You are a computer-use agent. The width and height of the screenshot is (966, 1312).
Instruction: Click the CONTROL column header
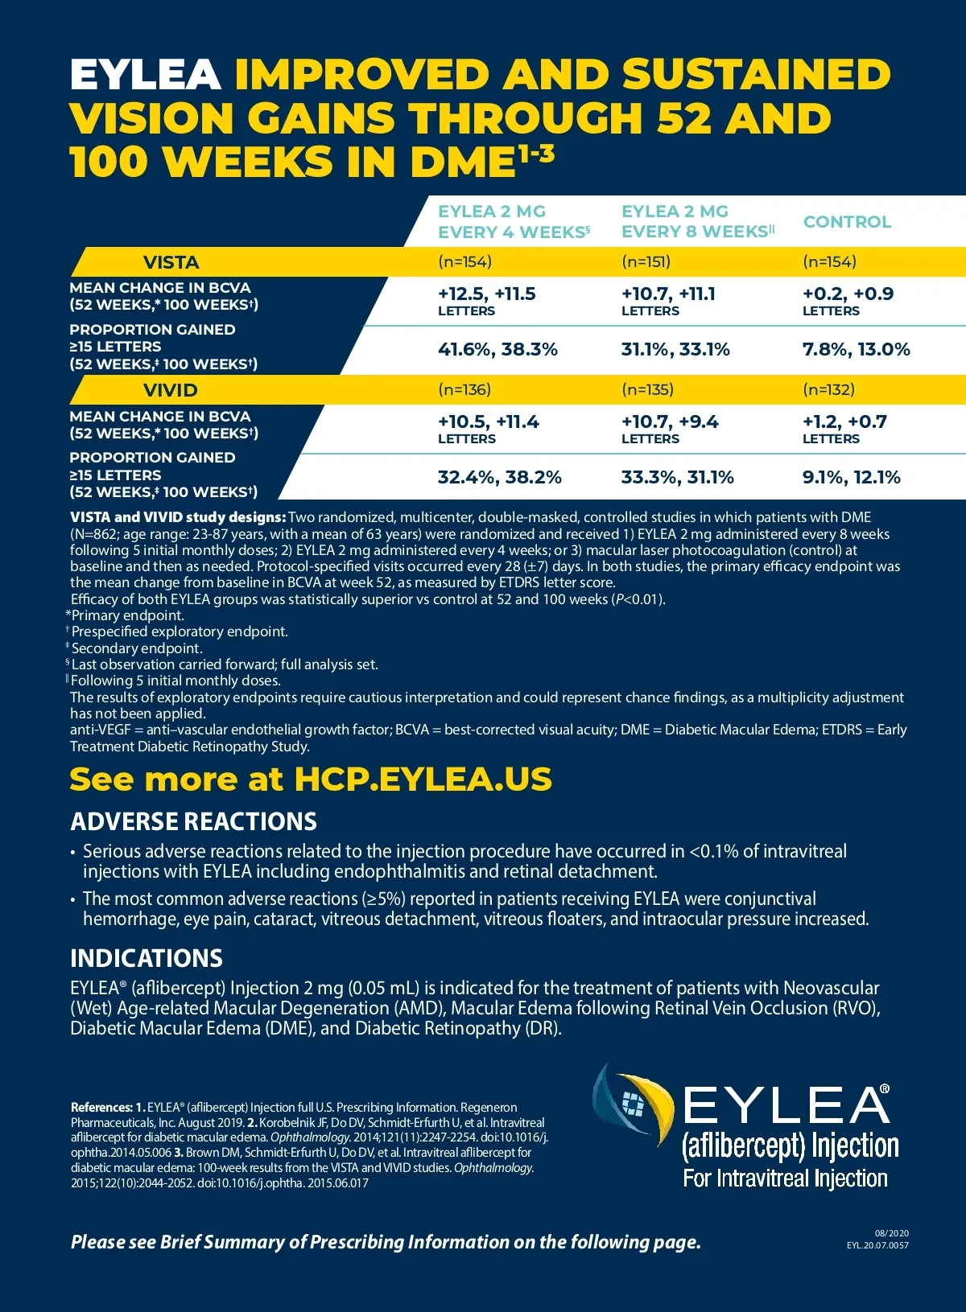click(847, 222)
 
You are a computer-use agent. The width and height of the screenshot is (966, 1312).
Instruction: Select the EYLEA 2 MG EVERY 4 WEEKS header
click(514, 222)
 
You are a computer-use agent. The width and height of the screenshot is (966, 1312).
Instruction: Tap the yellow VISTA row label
click(171, 262)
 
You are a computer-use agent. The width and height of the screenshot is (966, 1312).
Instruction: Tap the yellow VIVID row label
click(170, 390)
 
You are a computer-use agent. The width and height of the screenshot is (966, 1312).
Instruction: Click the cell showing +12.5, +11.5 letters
click(486, 300)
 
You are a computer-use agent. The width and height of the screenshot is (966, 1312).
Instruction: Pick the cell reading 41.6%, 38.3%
click(497, 349)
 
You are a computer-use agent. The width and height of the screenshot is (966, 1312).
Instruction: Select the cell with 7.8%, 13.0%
click(856, 349)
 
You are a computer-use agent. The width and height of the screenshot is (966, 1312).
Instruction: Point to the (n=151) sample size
click(646, 261)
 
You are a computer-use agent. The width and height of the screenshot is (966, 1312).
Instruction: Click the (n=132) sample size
click(828, 389)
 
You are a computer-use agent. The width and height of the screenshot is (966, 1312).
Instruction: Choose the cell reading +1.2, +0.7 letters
click(844, 428)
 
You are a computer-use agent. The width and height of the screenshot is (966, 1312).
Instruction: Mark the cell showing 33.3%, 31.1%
click(677, 477)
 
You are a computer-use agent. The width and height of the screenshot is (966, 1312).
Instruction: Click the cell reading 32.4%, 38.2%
click(499, 477)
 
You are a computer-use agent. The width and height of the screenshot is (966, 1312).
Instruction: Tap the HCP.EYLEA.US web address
click(423, 779)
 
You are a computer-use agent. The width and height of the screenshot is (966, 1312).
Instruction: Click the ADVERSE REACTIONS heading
click(193, 821)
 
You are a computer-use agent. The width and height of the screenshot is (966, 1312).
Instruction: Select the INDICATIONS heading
click(146, 958)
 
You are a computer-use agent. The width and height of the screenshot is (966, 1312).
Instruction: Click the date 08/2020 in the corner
click(891, 1233)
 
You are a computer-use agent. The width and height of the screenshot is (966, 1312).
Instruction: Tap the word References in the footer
click(101, 1108)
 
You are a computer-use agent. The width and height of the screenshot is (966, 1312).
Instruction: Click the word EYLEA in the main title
click(145, 75)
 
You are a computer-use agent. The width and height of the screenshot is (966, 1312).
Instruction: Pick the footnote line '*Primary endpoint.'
click(125, 615)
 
